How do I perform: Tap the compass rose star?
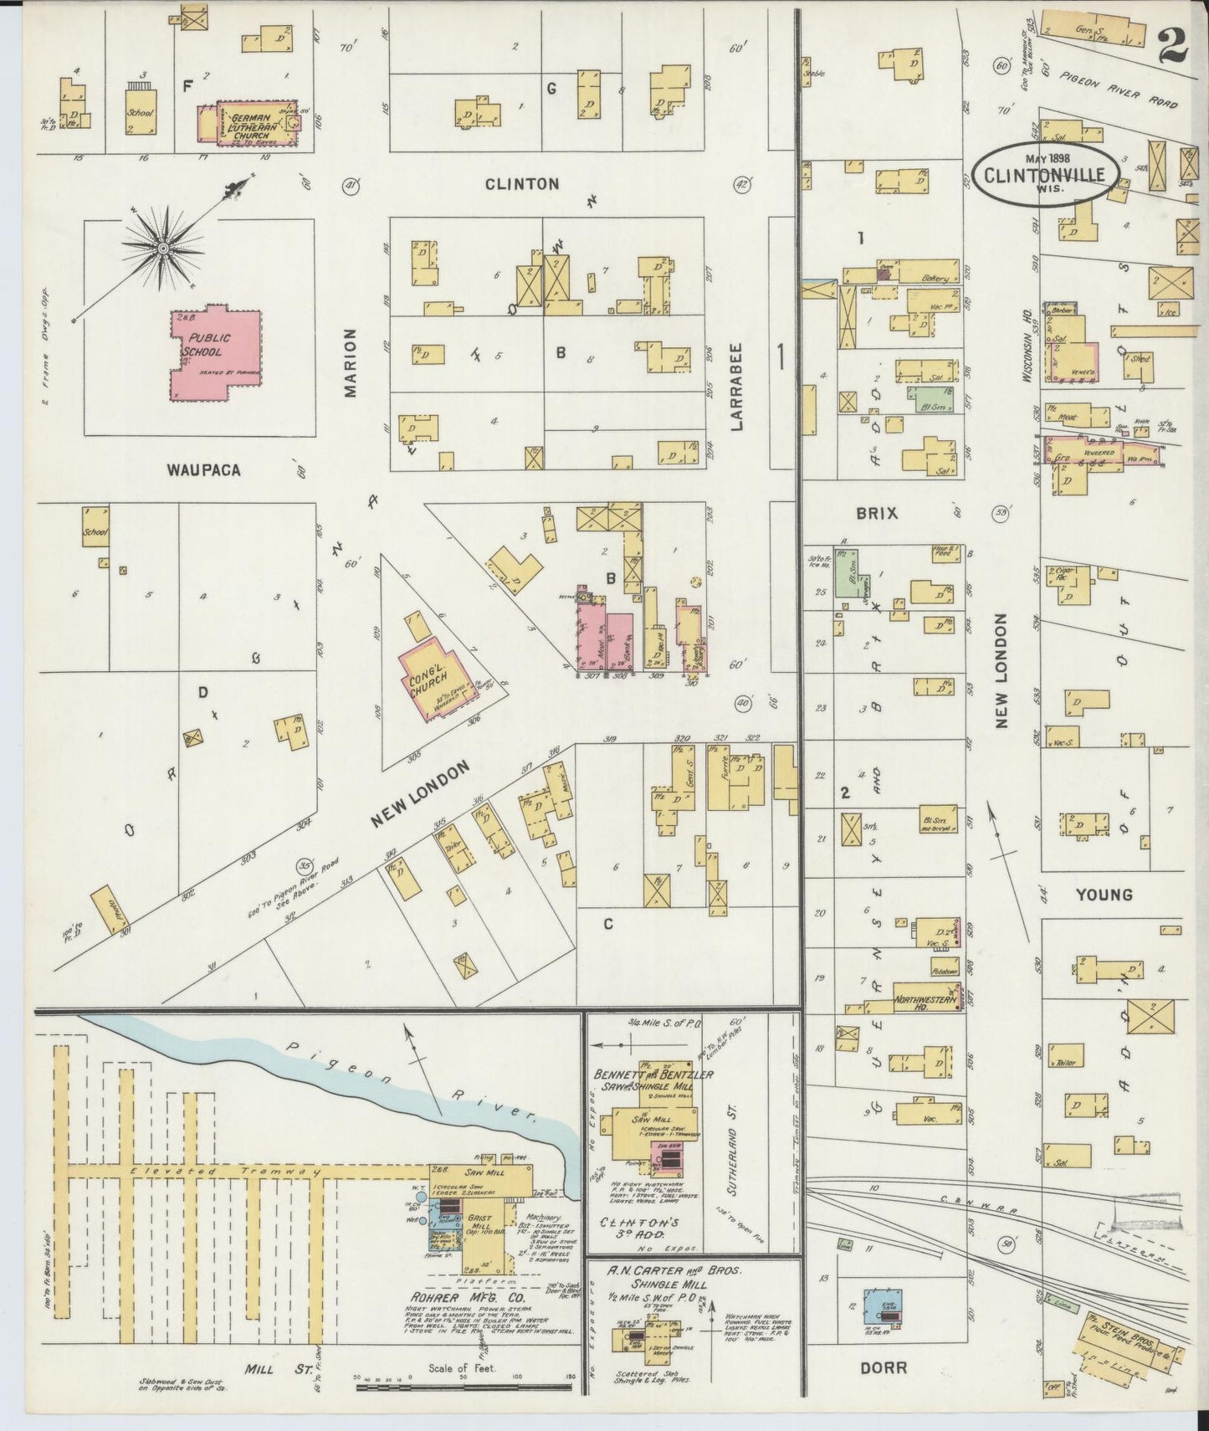[x=162, y=247]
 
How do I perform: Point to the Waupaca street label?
[x=202, y=470]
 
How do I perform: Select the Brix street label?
[x=876, y=514]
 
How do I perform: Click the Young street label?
[x=1103, y=895]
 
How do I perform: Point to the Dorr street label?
[x=883, y=1367]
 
